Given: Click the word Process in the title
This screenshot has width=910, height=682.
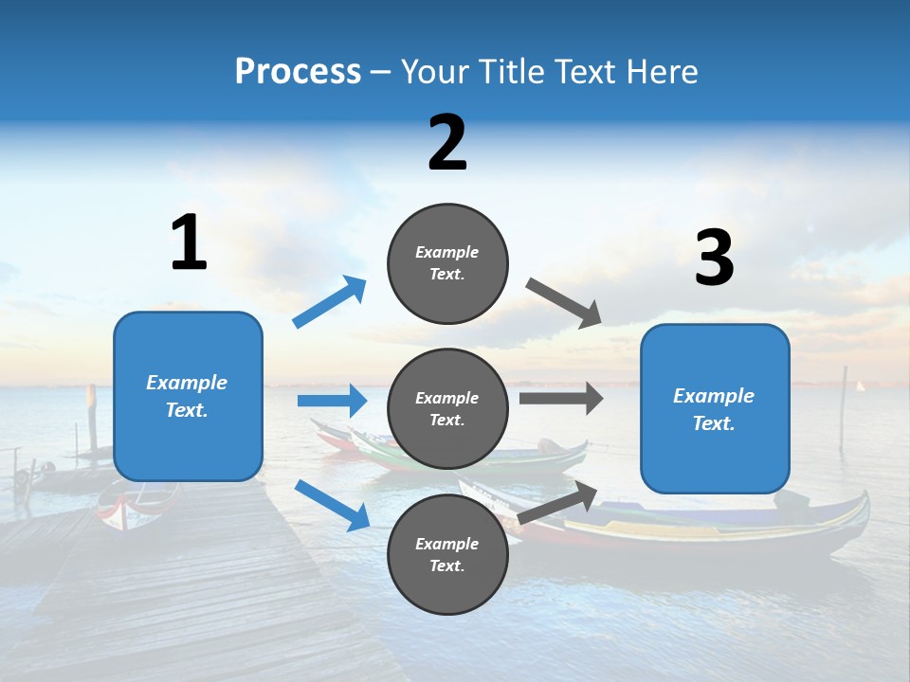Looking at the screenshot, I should [x=298, y=72].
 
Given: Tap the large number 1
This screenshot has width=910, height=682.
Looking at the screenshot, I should [x=189, y=242].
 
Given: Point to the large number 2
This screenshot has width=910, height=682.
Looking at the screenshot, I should [x=447, y=143].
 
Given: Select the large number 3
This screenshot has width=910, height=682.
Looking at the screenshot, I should [x=714, y=258].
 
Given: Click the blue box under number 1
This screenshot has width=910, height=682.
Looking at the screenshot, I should [x=188, y=396].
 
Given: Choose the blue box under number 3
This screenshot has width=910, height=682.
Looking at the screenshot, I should [x=715, y=409].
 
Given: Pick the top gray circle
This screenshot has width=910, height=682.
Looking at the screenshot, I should [x=447, y=263].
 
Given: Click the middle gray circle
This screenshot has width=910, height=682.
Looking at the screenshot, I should [x=447, y=409].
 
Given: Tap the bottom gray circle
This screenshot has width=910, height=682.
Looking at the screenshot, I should [x=447, y=555].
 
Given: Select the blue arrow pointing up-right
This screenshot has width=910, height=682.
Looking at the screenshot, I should [x=330, y=302].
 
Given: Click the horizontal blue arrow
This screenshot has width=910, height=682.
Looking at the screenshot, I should [x=332, y=401].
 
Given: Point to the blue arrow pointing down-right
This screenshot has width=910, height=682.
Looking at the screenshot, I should [x=332, y=505].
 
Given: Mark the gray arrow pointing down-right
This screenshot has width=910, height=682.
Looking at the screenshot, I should [x=564, y=303].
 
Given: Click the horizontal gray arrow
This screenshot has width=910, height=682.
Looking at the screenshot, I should [x=561, y=398].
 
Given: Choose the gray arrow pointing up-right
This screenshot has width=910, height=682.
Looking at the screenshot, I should [x=558, y=503].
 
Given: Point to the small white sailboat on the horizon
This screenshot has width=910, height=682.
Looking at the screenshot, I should [x=861, y=386].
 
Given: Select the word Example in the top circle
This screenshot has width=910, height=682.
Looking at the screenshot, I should [x=446, y=252].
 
